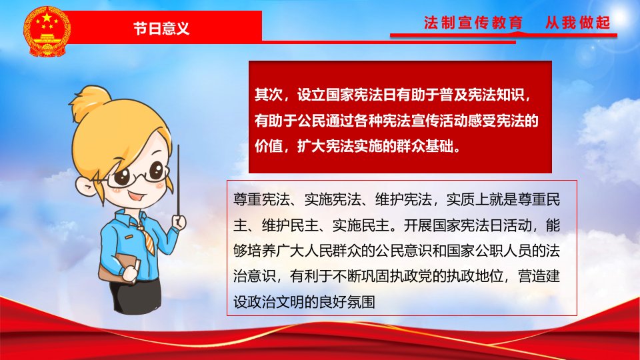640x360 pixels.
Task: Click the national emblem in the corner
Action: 47,32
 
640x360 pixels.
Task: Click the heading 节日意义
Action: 161,28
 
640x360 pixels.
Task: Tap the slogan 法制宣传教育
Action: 473,23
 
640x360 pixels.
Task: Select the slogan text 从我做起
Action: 577,23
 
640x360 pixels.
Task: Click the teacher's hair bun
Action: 90,102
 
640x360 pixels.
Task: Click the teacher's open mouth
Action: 136,197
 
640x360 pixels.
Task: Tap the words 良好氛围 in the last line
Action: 347,302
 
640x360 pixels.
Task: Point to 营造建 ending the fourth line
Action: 539,276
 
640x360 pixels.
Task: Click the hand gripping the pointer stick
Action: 179,221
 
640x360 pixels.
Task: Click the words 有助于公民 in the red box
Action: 290,121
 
